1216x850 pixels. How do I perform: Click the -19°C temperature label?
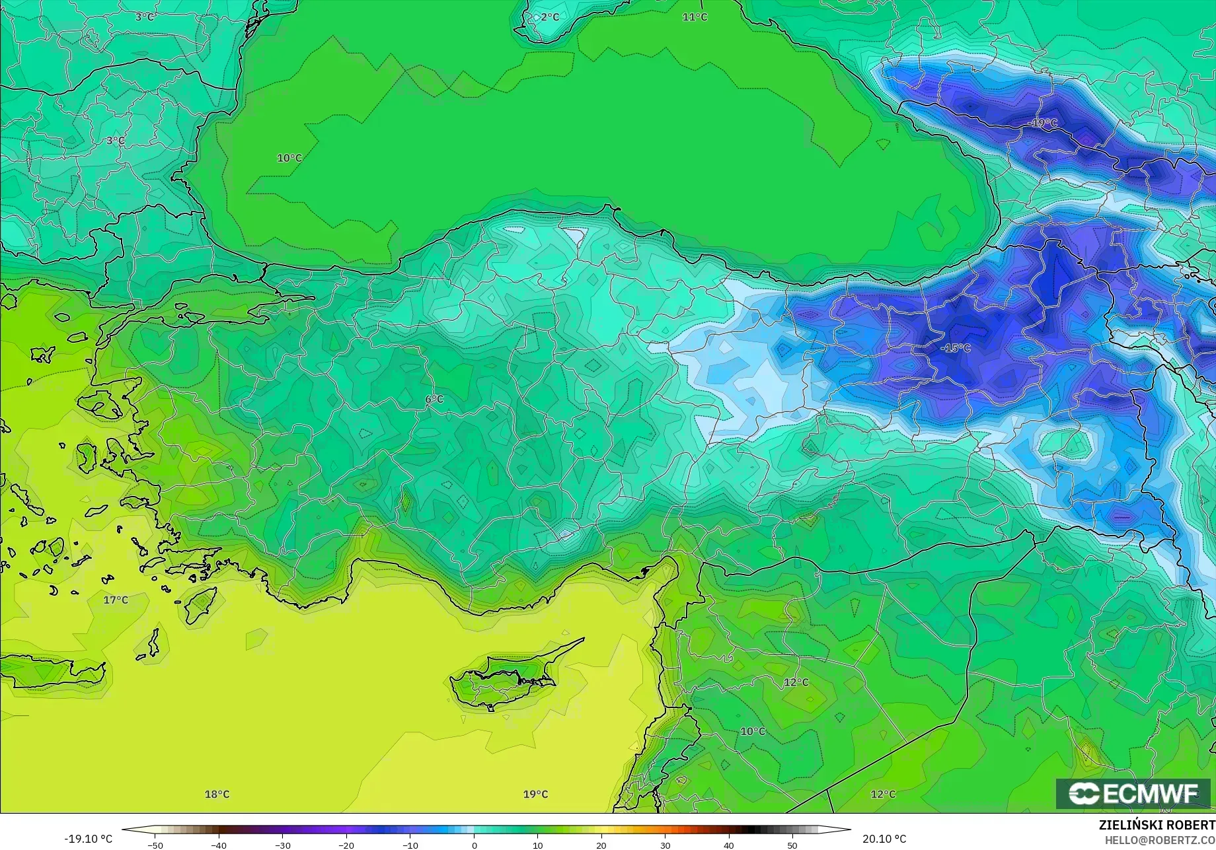click(1044, 123)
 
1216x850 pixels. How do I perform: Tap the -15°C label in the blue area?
click(956, 348)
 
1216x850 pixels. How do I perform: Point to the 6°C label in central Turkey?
click(434, 400)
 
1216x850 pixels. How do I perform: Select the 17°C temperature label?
click(116, 600)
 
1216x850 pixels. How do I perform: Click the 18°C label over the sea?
click(217, 794)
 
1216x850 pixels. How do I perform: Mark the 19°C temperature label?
click(535, 794)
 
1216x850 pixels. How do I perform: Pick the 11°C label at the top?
click(695, 17)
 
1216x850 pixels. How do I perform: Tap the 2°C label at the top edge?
click(549, 17)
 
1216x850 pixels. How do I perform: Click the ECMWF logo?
click(1133, 793)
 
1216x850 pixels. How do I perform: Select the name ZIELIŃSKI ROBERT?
click(1157, 825)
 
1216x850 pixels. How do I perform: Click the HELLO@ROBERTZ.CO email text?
click(1160, 840)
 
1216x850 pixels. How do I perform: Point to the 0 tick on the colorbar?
click(474, 845)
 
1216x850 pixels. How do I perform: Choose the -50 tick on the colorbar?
click(155, 845)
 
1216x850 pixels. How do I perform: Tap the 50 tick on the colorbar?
click(792, 845)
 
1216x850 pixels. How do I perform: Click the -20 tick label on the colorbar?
click(346, 845)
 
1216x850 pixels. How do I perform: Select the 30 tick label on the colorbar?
click(665, 845)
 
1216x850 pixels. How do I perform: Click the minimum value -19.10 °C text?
click(89, 839)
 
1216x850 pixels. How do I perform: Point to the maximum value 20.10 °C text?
click(884, 839)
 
